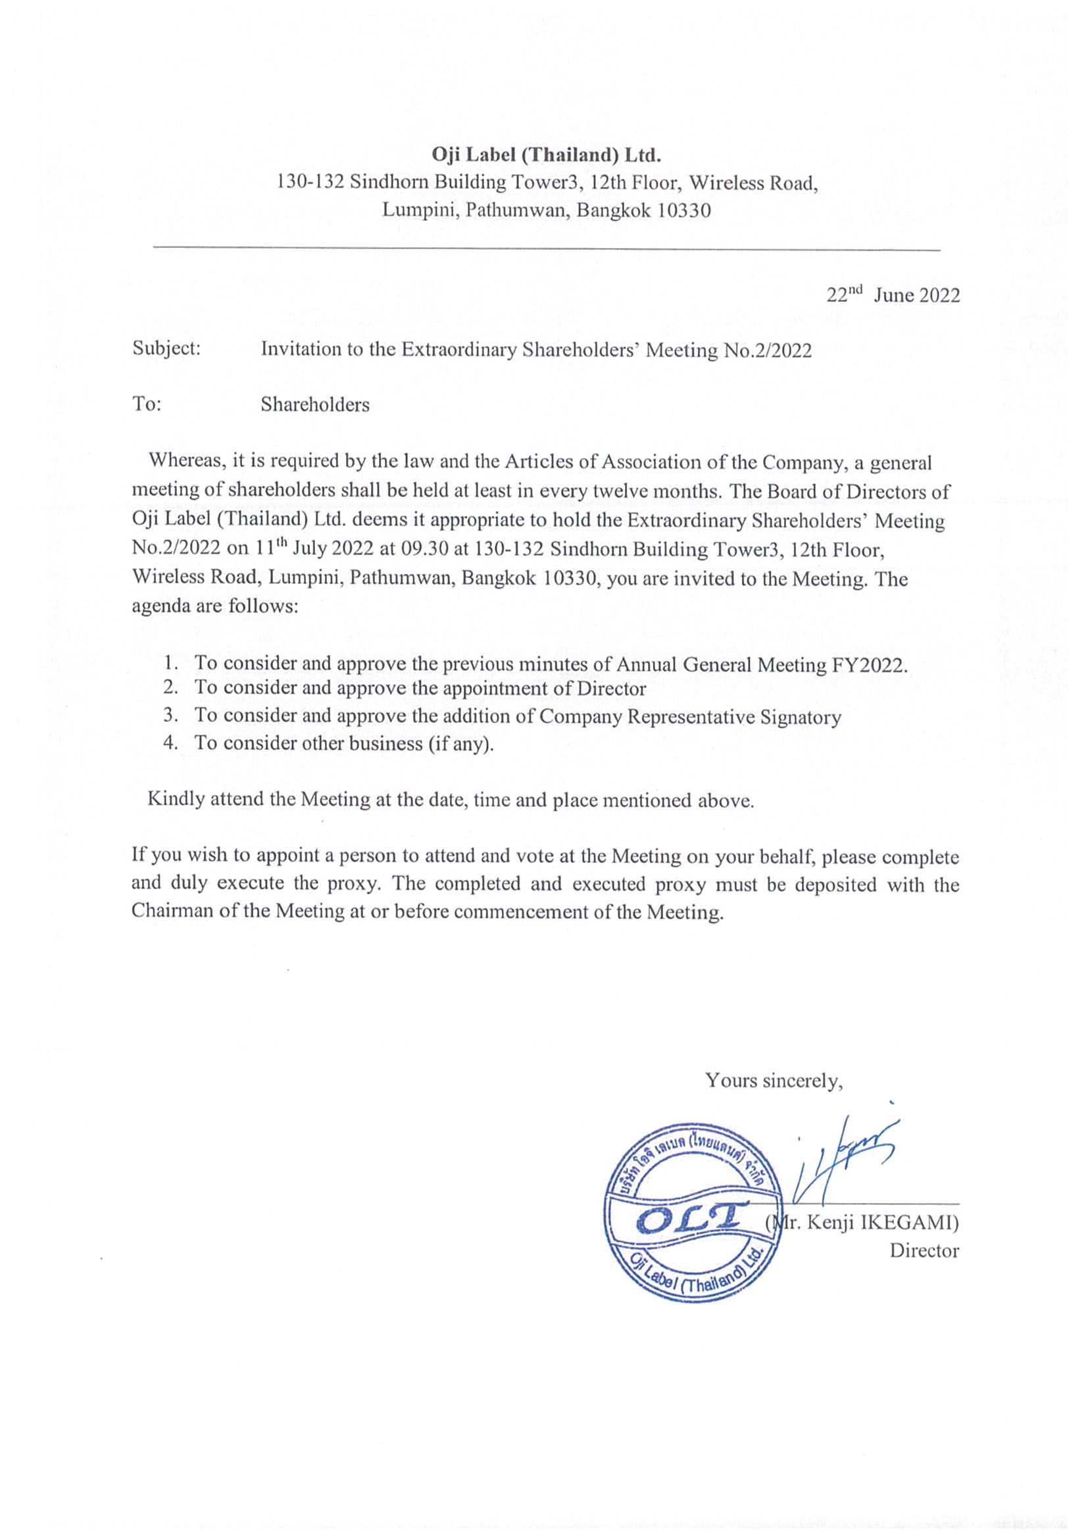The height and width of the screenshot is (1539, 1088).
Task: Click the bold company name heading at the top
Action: [547, 155]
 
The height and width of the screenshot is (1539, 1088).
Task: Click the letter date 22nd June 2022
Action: [893, 295]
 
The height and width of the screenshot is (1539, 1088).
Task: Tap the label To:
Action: [147, 404]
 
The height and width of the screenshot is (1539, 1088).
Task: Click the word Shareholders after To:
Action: [315, 405]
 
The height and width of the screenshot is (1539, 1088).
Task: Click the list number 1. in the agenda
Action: [172, 663]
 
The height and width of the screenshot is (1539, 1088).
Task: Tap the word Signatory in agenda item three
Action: [801, 718]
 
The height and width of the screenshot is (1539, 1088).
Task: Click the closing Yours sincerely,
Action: [773, 1081]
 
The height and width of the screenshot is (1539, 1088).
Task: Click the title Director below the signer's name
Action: [924, 1251]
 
